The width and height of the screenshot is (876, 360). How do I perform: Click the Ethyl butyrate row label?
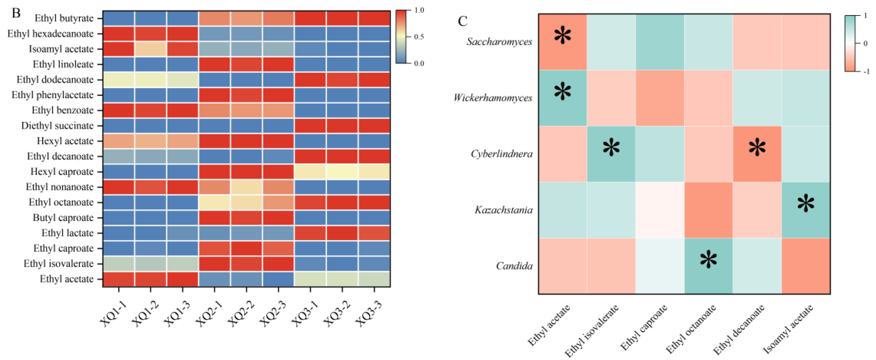(x=64, y=18)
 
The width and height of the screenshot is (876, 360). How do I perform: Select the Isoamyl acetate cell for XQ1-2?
(x=150, y=49)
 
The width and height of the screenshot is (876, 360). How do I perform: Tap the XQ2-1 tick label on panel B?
(x=209, y=313)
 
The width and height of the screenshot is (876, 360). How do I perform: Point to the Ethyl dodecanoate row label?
(x=55, y=80)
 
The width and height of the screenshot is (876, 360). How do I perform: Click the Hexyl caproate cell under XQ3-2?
(x=342, y=172)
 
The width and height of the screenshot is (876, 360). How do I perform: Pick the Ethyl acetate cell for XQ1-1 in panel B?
(x=118, y=279)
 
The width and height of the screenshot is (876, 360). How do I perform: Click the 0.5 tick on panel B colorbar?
(x=419, y=37)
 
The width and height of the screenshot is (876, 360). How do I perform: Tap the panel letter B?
(x=16, y=13)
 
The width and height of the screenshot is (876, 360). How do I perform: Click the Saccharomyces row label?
(x=499, y=42)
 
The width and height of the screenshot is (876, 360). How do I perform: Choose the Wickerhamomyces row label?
(x=492, y=98)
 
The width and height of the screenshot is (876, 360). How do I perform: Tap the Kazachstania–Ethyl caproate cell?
(x=660, y=210)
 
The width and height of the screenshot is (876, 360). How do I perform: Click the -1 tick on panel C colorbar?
(x=866, y=71)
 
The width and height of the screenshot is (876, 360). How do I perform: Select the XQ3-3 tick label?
(x=368, y=313)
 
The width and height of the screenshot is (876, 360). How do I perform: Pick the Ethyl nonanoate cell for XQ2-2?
(x=246, y=187)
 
